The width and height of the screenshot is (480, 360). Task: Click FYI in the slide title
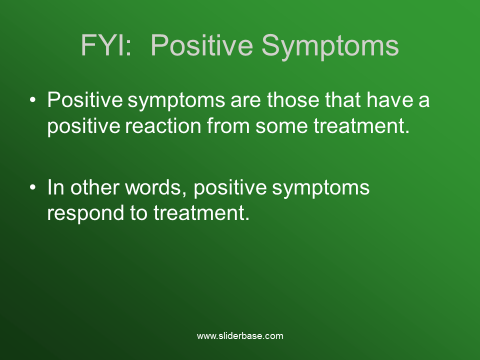tap(106, 45)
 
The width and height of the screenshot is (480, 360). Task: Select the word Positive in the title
tap(201, 45)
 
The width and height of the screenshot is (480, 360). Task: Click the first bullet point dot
tap(33, 99)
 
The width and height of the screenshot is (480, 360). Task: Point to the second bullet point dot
tap(33, 187)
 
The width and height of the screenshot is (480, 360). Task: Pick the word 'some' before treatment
tap(281, 126)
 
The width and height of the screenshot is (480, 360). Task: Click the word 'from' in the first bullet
tap(228, 125)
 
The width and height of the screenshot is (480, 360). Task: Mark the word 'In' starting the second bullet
tap(55, 187)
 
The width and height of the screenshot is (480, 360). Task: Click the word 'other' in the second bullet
tap(95, 187)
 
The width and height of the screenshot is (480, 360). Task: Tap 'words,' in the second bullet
tap(156, 187)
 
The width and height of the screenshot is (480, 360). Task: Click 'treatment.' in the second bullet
tap(201, 213)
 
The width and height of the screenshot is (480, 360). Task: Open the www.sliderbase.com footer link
tap(240, 336)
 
